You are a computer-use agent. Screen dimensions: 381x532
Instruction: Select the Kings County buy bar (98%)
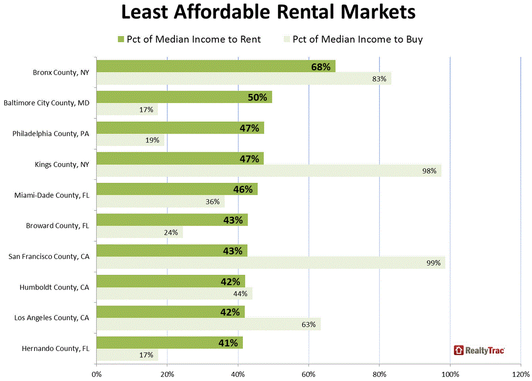269,171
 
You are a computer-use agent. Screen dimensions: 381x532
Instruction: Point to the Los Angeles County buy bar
208,324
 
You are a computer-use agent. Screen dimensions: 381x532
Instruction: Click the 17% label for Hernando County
147,355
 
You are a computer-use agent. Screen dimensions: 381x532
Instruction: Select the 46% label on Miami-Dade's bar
242,189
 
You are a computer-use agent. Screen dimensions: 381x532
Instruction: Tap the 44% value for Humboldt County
240,294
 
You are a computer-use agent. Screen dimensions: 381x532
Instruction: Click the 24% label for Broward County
171,232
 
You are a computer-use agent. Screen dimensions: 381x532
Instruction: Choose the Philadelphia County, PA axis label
51,134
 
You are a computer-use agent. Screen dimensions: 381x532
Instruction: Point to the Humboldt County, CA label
54,287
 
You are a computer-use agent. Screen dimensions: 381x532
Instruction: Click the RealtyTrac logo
479,350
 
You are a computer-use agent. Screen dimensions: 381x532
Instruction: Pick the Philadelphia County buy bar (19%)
130,140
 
